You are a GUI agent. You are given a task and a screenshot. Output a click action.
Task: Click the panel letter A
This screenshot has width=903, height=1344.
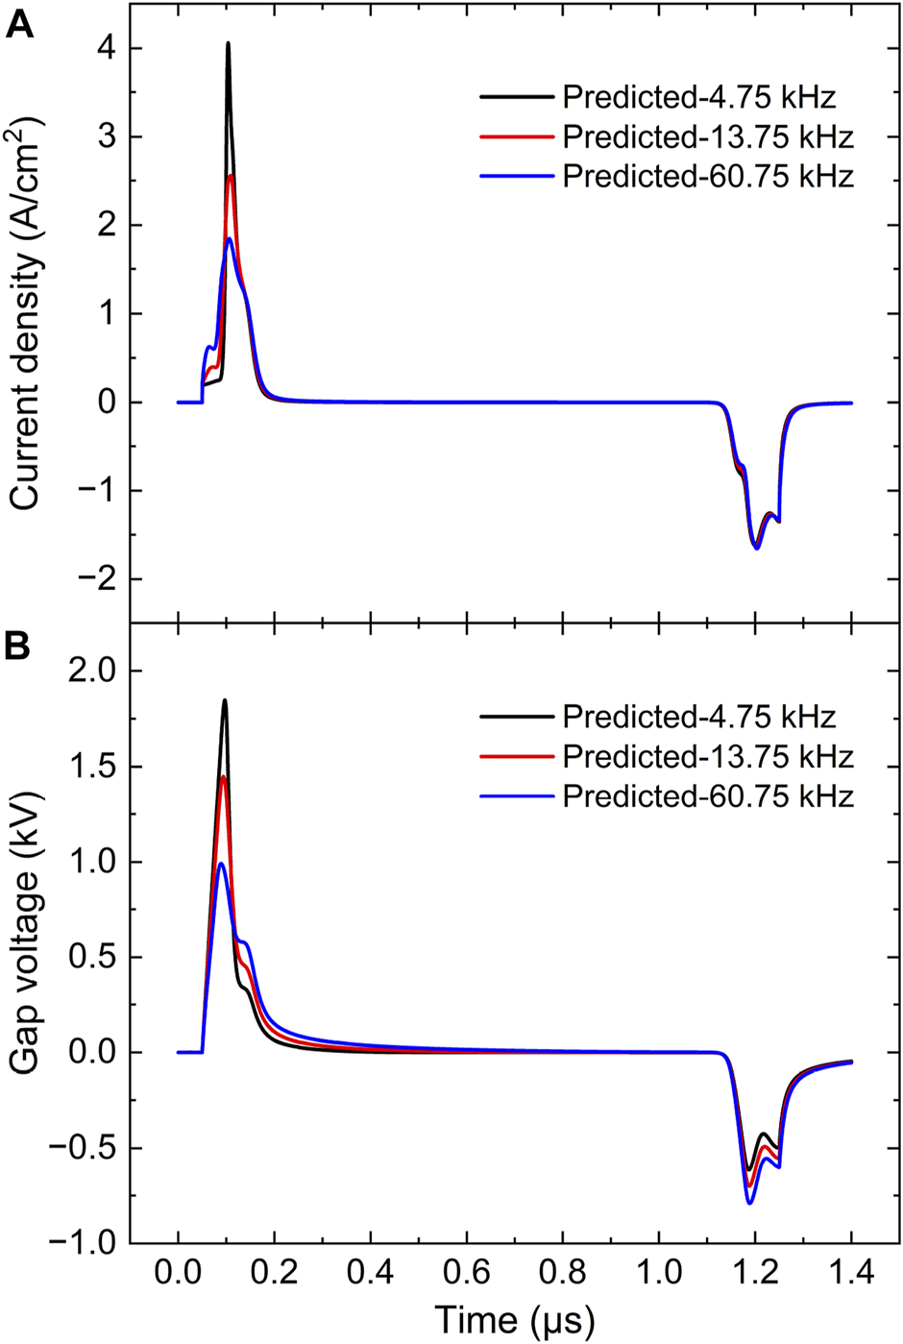pos(19,24)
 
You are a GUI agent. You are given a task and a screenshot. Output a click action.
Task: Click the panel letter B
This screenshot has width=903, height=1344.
pos(19,646)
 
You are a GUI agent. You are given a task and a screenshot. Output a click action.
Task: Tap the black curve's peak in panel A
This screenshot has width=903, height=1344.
pos(228,43)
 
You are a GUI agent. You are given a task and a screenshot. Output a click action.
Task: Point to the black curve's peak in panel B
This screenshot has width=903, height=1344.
pos(225,700)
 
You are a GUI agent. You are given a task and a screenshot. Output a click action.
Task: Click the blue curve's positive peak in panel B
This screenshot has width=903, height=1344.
pos(221,864)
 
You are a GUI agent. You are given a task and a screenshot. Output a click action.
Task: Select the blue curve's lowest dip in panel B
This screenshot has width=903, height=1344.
pos(749,1203)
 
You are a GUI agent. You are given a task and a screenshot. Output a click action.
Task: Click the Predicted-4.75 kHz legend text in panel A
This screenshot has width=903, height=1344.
pos(698,97)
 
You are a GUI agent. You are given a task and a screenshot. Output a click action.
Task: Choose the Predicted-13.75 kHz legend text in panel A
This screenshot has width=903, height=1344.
pos(708,136)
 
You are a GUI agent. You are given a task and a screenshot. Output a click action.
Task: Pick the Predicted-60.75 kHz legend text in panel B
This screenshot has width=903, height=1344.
pos(708,796)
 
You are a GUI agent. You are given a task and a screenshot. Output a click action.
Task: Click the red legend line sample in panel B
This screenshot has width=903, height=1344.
pos(517,757)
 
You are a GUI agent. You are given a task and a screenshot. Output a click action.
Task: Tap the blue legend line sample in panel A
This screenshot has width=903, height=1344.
pos(517,177)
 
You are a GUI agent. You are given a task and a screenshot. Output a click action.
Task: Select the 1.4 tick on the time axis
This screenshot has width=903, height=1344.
pos(851,1274)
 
